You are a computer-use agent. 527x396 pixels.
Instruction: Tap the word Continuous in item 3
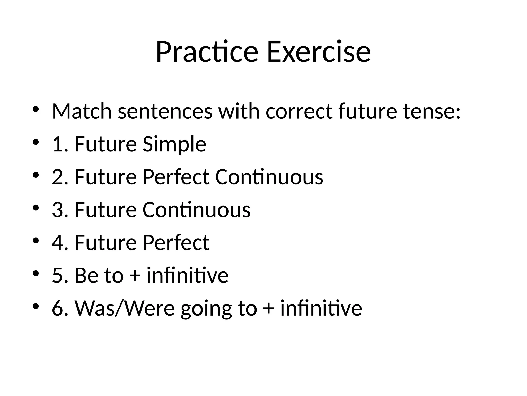pos(196,210)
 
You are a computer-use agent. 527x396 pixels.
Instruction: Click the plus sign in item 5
pos(135,275)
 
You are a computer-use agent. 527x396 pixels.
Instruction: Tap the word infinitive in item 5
pos(187,275)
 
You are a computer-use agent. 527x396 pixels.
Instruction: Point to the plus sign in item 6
pos(269,308)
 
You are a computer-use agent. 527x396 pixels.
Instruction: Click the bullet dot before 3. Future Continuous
pos(36,208)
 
